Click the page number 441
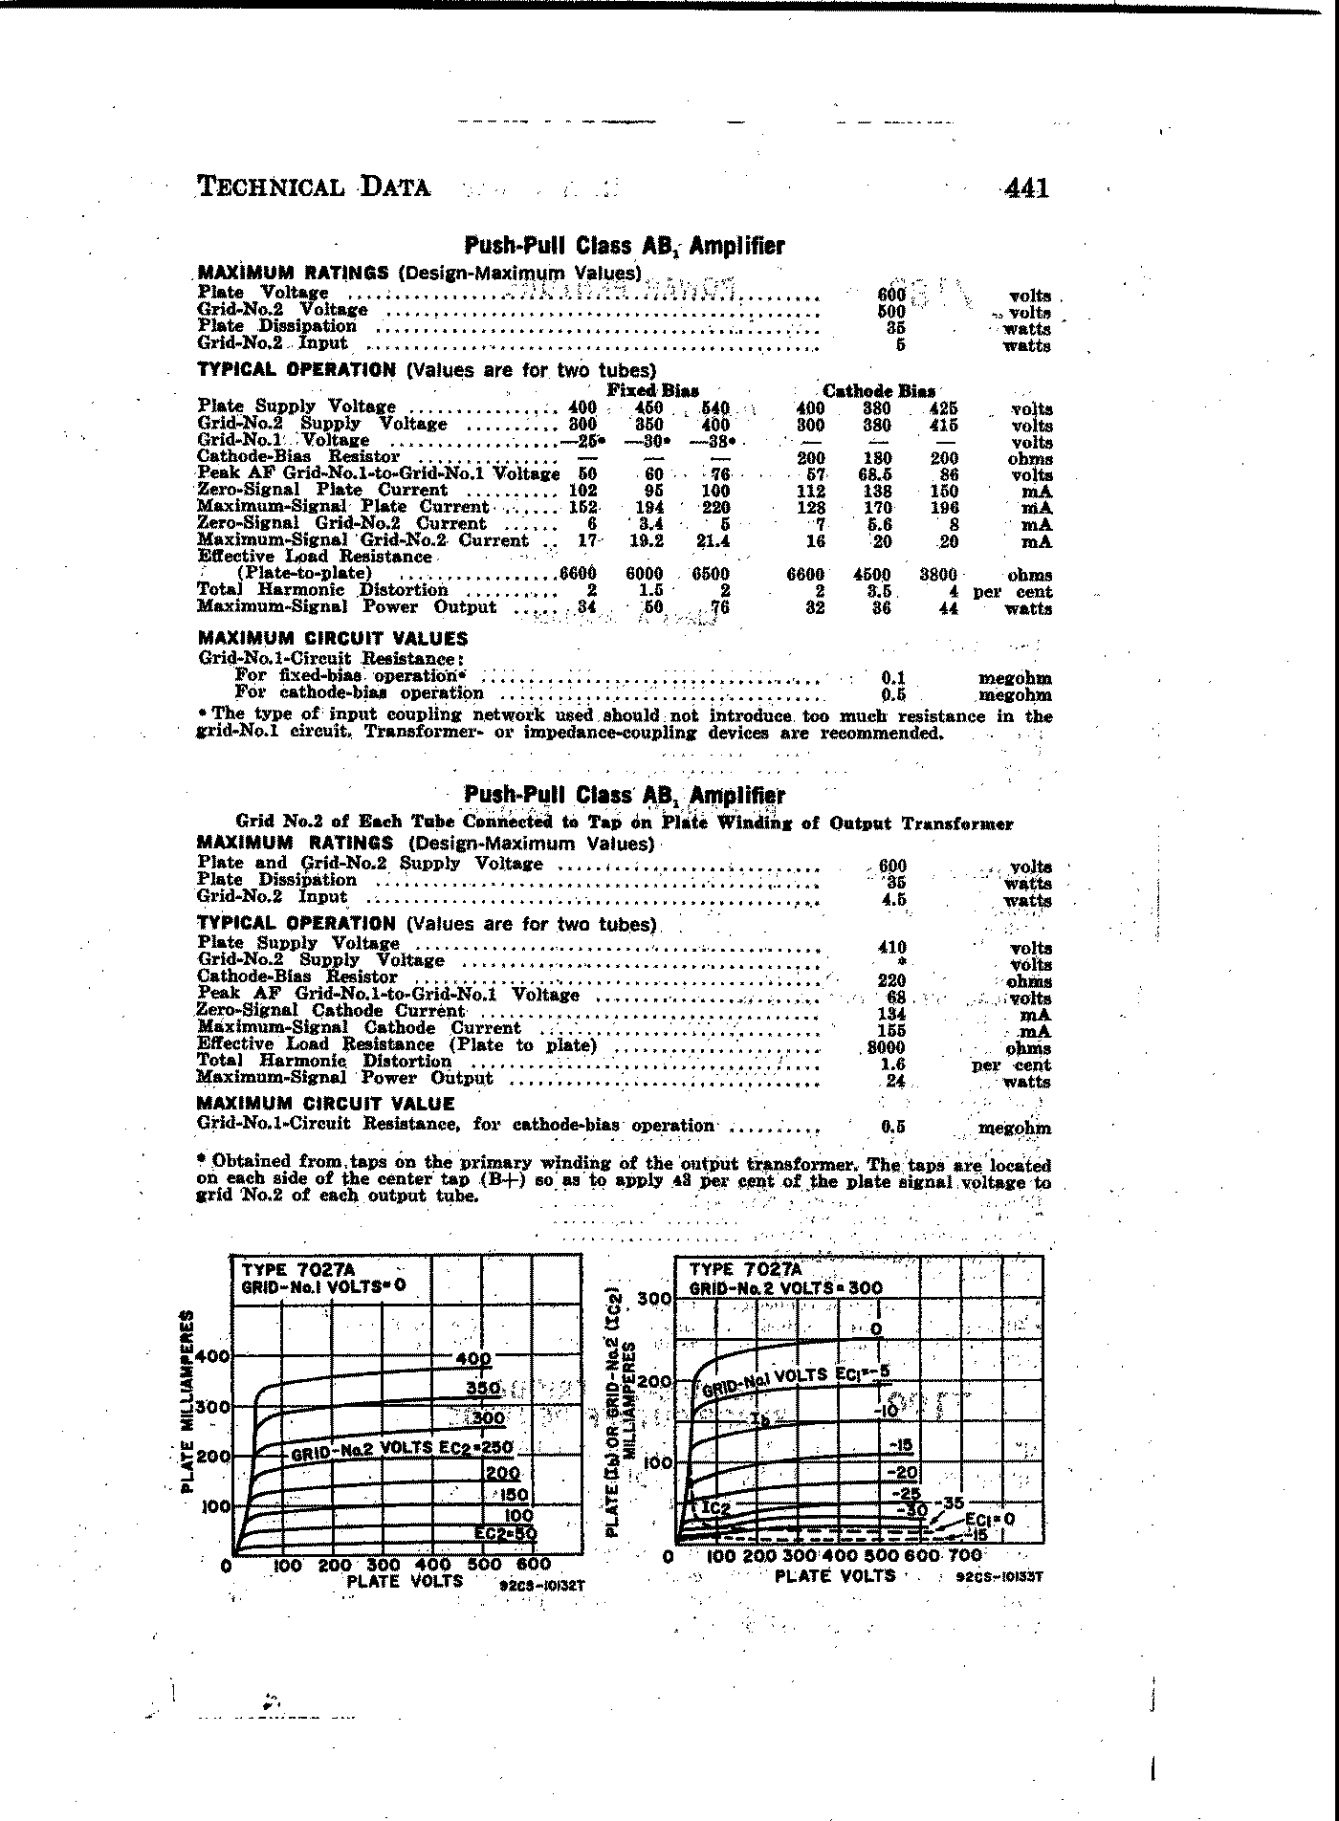(1026, 187)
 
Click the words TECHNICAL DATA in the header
(314, 186)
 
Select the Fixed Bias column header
(653, 390)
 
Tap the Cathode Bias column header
(879, 390)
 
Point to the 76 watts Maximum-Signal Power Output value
(719, 607)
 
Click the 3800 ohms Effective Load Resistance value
(937, 575)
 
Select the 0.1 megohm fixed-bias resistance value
(892, 678)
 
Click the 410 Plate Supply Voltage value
(891, 947)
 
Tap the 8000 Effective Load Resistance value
(886, 1047)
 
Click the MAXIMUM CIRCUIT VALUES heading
(333, 639)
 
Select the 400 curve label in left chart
(472, 1359)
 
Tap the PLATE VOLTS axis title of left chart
(405, 1581)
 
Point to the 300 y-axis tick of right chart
(655, 1300)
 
